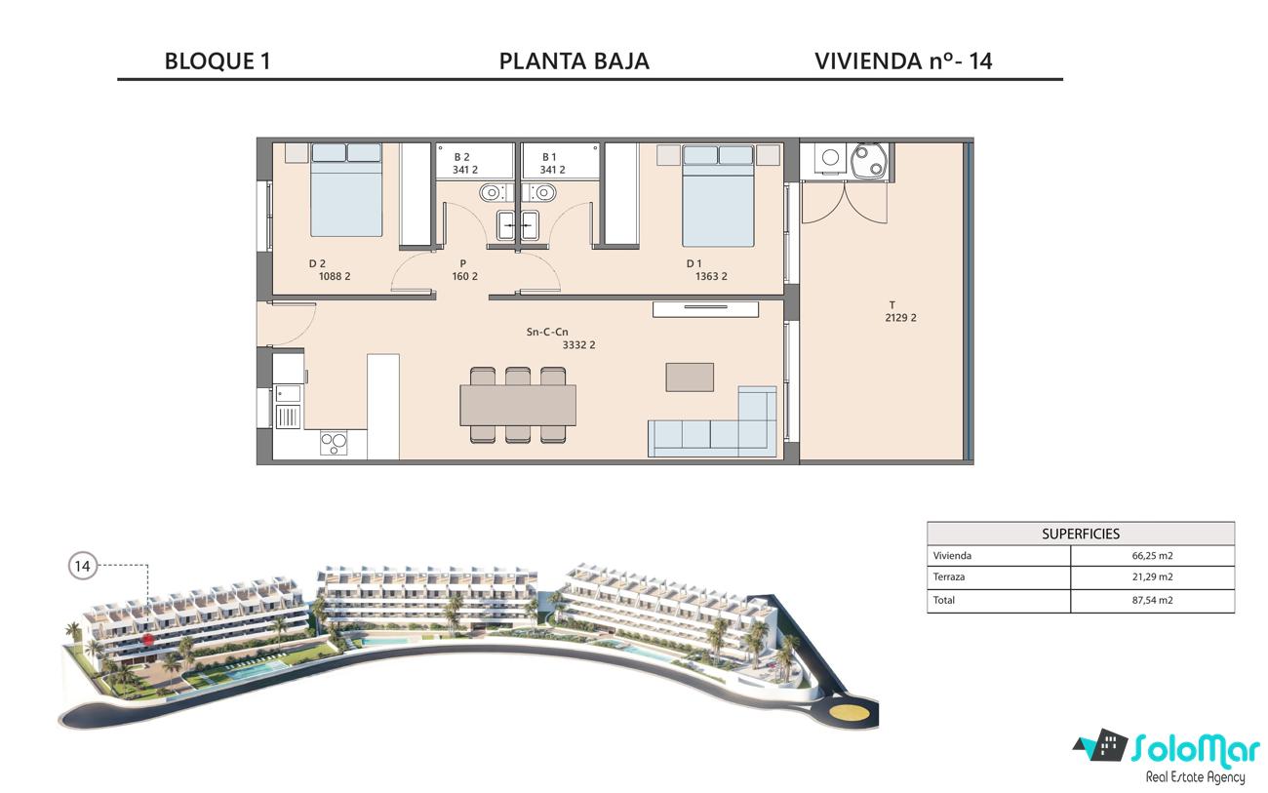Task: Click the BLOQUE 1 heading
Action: click(218, 61)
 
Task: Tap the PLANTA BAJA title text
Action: click(574, 61)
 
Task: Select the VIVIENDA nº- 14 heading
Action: click(903, 61)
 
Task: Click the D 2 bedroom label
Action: click(317, 263)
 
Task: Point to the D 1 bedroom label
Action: click(694, 263)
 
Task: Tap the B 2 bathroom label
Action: click(462, 157)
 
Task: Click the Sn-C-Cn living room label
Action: click(547, 332)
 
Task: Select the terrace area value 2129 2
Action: click(900, 318)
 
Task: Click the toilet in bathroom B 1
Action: click(542, 193)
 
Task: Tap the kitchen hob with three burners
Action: click(334, 443)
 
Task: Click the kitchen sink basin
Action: click(289, 393)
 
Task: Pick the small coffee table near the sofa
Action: click(690, 377)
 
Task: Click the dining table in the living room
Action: click(518, 405)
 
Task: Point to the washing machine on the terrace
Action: click(830, 157)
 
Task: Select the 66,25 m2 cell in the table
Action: click(1153, 555)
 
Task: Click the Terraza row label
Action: click(949, 576)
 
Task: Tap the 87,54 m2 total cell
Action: click(1153, 600)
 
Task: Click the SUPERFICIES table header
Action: click(1081, 534)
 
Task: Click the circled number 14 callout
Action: click(83, 566)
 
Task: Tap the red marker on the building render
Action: click(148, 640)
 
